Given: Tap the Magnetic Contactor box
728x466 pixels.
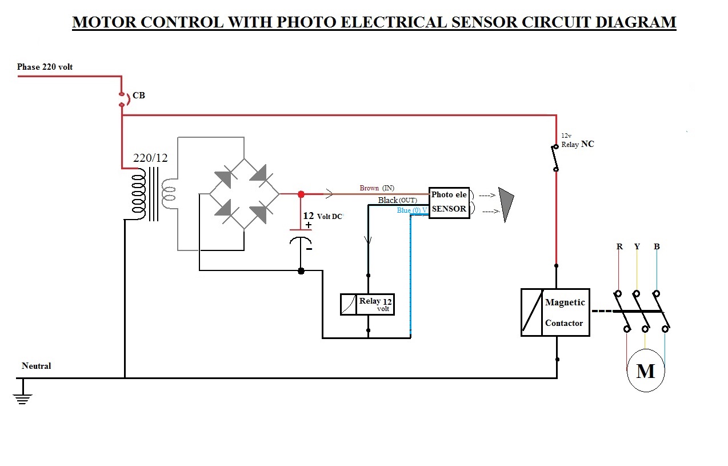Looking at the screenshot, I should click(555, 312).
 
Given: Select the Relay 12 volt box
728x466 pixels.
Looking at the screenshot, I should click(367, 304).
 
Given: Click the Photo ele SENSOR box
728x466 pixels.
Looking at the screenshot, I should click(449, 202).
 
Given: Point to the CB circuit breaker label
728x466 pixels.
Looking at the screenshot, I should click(139, 95).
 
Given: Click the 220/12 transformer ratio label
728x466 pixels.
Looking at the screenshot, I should click(150, 158).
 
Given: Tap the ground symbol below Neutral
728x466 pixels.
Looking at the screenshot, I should click(22, 397).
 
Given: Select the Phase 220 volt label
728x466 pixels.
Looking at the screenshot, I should click(45, 67).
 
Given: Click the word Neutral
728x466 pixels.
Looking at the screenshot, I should click(36, 366).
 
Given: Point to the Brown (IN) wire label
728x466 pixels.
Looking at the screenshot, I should click(377, 188).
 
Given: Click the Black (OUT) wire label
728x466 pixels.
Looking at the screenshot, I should click(397, 200).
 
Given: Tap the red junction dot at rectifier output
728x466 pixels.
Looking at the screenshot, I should click(301, 194).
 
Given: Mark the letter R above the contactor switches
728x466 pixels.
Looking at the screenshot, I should click(619, 246).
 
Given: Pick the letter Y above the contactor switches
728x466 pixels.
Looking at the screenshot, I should click(637, 246).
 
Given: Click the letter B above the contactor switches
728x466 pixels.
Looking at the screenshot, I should click(657, 246).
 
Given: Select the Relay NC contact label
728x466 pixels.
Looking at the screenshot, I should click(577, 145).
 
